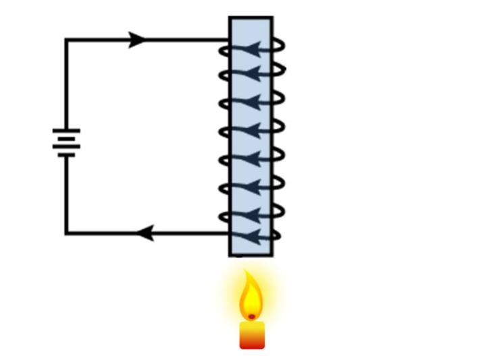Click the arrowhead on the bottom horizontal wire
point(145,234)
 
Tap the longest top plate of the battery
point(66,130)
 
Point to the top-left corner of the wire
point(66,40)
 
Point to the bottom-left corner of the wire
point(66,233)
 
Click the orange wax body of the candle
point(252,335)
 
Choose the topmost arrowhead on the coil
point(250,49)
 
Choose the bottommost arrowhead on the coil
point(250,237)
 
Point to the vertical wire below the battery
point(66,196)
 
